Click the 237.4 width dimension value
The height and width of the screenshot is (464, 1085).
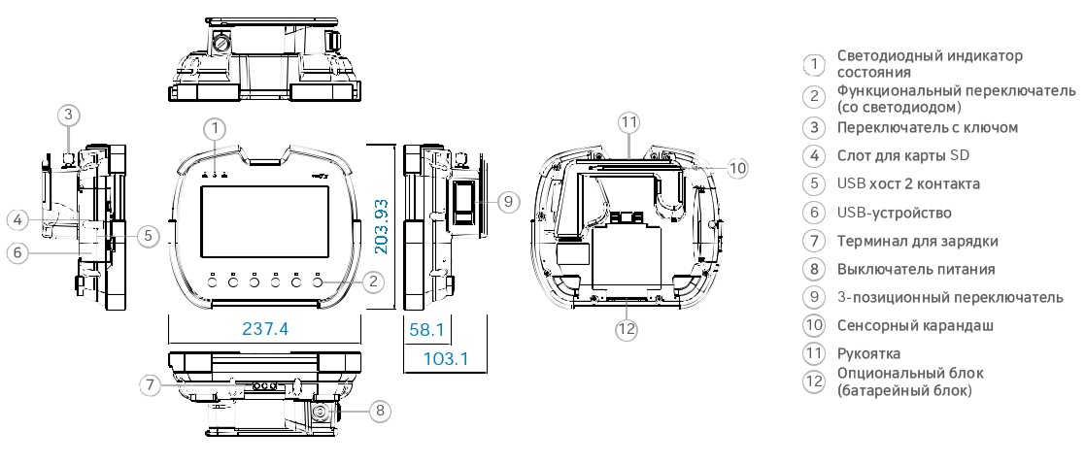264,329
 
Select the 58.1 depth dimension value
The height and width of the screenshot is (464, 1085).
426,329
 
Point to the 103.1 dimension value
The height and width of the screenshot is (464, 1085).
446,359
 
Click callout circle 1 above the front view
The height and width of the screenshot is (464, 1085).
216,127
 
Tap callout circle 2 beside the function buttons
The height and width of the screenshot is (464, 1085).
373,282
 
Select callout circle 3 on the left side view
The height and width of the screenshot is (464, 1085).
66,115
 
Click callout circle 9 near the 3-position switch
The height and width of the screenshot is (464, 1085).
508,201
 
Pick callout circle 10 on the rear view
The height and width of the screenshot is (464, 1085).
737,168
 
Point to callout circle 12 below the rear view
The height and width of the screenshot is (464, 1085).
627,329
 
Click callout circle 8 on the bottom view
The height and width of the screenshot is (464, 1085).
380,411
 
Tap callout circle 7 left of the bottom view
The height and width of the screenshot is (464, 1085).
148,385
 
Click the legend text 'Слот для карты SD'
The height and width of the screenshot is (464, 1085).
902,155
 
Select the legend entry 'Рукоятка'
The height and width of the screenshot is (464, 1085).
867,353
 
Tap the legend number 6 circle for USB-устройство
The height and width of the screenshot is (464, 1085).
814,213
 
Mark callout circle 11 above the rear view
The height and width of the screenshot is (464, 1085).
629,122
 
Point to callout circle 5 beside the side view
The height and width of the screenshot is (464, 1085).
147,235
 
